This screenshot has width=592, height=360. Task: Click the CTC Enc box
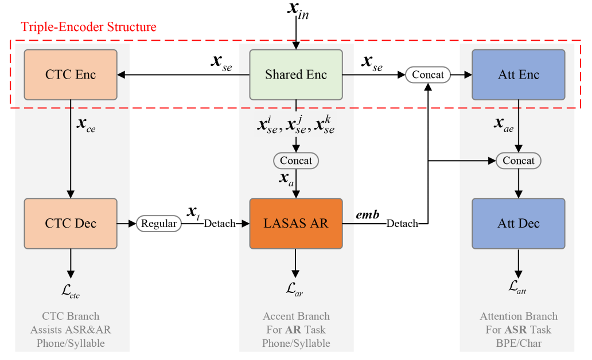71,75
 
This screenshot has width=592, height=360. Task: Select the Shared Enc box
296,75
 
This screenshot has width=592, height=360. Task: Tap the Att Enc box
519,75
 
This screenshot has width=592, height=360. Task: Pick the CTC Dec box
71,224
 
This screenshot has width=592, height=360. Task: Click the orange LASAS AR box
296,224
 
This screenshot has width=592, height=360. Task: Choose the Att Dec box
519,224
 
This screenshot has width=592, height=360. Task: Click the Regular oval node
158,224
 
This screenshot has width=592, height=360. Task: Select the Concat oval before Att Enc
428,75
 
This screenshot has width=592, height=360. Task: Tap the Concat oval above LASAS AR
296,161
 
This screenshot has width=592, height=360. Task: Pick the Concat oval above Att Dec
519,161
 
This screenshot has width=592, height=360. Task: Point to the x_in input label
298,10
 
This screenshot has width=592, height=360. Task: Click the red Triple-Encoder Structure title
88,27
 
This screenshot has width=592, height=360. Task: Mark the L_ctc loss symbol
71,291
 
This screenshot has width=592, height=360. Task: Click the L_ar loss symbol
294,289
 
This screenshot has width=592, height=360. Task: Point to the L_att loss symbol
517,287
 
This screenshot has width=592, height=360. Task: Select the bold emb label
368,215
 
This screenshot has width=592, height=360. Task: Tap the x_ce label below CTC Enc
86,124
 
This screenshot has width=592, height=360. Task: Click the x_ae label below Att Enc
504,124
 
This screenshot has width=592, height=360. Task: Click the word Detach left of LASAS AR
220,224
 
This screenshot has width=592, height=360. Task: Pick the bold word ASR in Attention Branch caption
516,330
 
